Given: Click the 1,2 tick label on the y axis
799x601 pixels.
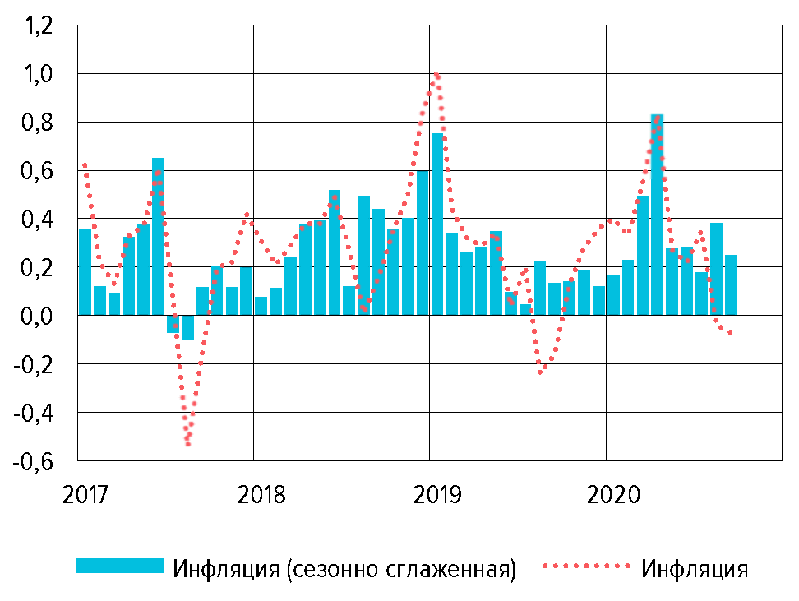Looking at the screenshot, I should tap(39, 26).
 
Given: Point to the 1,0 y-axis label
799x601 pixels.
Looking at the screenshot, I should tap(39, 75).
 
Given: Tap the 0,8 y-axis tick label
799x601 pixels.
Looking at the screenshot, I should tap(39, 123).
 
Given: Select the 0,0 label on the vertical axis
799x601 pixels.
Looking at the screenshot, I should tap(39, 316).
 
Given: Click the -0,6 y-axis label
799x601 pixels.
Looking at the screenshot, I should tap(35, 460).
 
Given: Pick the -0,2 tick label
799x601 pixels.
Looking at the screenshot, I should tap(35, 364).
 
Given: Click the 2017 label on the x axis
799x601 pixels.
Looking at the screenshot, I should tap(86, 496).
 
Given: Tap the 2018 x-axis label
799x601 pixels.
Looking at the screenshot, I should tap(261, 496).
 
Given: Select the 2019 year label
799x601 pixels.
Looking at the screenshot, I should tap(436, 496).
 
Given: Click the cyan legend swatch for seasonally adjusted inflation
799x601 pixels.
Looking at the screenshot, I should tap(120, 566).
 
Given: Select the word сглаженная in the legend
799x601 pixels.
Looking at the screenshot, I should tap(449, 569).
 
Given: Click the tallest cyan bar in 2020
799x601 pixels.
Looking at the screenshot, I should tap(657, 214).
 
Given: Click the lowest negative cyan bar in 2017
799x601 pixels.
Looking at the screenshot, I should tap(188, 327).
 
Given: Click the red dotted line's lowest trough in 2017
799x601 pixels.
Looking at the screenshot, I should tap(188, 443).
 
